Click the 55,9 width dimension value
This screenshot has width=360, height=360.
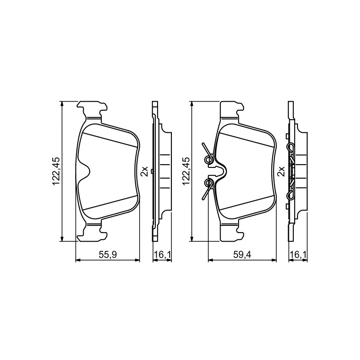pos(108,254)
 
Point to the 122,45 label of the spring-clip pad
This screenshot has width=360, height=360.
pos(185,171)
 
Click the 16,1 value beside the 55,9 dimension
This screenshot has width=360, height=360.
pos(162,254)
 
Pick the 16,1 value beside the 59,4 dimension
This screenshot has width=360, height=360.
pos(298,254)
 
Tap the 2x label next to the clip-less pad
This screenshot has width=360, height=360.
pos(145,171)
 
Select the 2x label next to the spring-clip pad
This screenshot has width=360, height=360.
pos(281,171)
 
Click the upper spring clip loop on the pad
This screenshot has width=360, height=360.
pos(208,158)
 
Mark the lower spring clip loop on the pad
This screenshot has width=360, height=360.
pos(208,183)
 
